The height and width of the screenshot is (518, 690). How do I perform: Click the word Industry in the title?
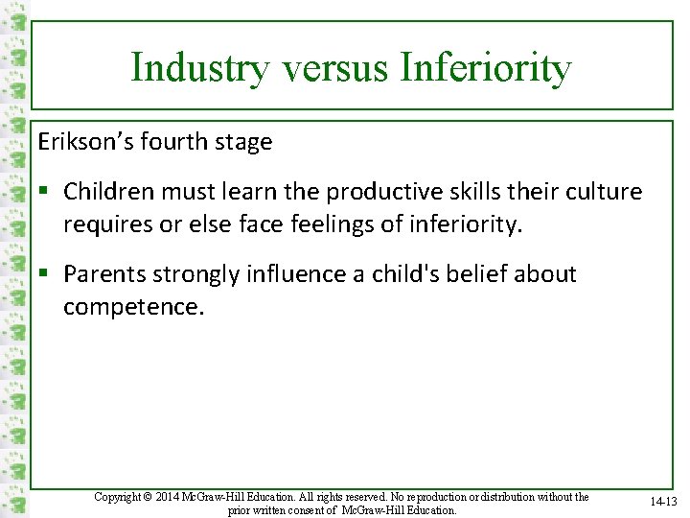(x=182, y=68)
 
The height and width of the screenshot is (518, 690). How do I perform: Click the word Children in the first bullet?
(x=107, y=191)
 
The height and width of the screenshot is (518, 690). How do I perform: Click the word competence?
(x=134, y=308)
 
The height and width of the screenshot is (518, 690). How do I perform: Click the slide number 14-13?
(x=661, y=502)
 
